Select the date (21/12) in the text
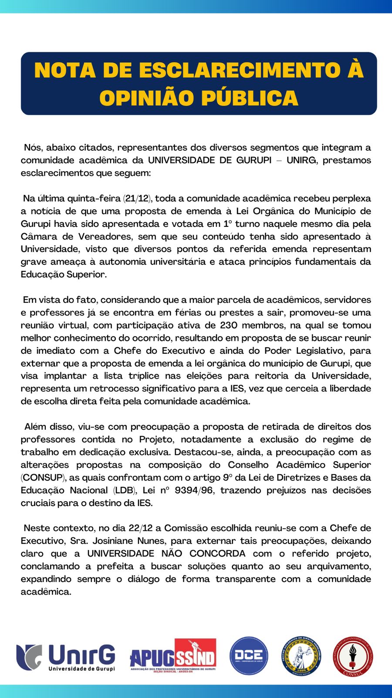[137, 198]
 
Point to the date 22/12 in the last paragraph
[140, 528]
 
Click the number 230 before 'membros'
[229, 325]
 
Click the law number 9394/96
[194, 490]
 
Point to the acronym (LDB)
[124, 490]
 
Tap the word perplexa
[351, 198]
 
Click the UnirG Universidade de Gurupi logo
[66, 657]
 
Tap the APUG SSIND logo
[173, 656]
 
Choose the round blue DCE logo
[249, 656]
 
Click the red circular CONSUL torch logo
[353, 656]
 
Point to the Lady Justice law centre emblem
[301, 656]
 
